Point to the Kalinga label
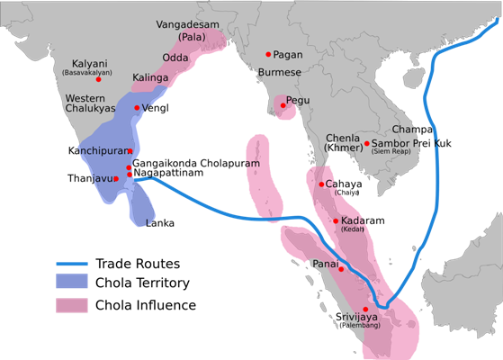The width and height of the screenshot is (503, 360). (150, 78)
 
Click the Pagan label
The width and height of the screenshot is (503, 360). (288, 54)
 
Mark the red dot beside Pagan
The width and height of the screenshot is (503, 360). (268, 54)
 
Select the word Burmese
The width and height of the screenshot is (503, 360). (279, 72)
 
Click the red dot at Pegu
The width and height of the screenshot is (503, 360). (283, 105)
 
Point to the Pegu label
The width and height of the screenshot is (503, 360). (298, 100)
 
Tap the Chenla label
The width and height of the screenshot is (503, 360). (343, 138)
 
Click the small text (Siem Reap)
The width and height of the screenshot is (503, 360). (394, 153)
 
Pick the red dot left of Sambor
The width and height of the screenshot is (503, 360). (366, 143)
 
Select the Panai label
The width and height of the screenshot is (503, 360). (326, 264)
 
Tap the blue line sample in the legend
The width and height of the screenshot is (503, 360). (72, 265)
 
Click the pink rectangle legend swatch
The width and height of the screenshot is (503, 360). (72, 305)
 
